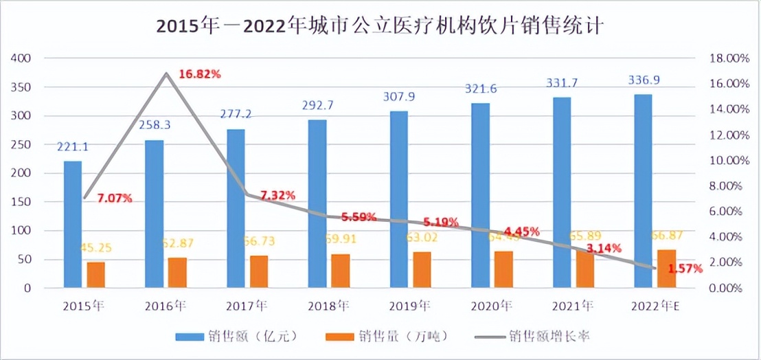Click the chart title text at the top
(x=380, y=26)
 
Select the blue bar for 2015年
(x=73, y=224)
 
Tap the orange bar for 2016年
(x=177, y=272)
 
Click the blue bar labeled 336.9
(x=643, y=190)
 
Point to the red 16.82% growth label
(x=200, y=74)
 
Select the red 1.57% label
(x=685, y=269)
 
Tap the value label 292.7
(x=317, y=106)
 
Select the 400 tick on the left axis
(x=23, y=58)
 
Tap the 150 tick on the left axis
(x=23, y=202)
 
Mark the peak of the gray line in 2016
(x=166, y=73)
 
